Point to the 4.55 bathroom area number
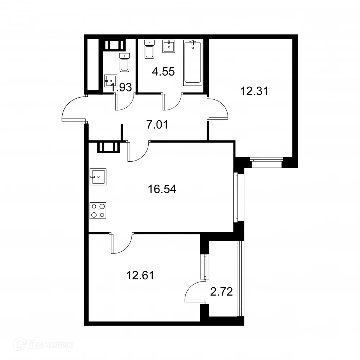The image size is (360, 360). [163, 71]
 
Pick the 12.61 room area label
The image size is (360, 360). [140, 276]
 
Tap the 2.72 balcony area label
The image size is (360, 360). [221, 291]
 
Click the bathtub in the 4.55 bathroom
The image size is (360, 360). [193, 62]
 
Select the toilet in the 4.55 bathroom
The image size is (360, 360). [149, 49]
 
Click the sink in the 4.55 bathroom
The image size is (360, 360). [168, 46]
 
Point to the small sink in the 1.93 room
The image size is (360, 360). [110, 81]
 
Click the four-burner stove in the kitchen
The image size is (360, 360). [98, 210]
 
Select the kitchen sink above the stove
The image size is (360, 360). [98, 177]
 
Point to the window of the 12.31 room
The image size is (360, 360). [266, 163]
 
